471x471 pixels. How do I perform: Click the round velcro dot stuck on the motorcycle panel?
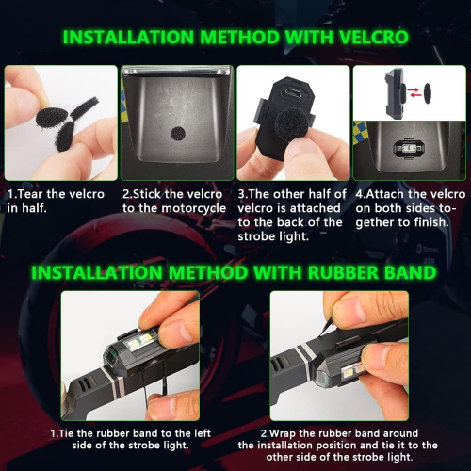click(x=178, y=134)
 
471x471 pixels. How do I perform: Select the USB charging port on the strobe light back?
click(x=292, y=92)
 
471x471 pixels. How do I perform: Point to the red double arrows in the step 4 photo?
click(x=414, y=92)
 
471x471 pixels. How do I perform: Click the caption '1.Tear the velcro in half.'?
click(x=56, y=201)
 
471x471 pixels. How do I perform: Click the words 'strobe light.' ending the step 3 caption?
click(x=273, y=236)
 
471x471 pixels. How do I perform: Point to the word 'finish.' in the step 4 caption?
click(x=431, y=222)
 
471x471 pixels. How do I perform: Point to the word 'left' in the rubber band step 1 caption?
click(x=203, y=433)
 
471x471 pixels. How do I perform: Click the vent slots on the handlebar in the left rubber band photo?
click(x=84, y=383)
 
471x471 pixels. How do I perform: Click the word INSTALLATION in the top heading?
click(x=129, y=38)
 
